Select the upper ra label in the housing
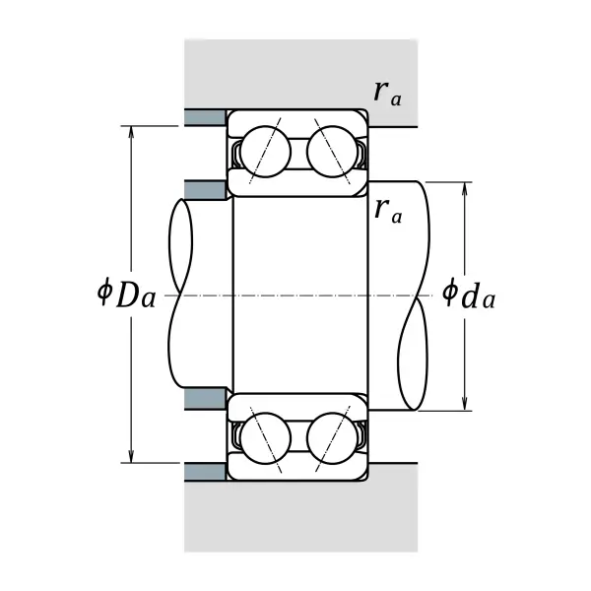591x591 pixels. tap(387, 94)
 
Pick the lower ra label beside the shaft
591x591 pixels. tap(388, 211)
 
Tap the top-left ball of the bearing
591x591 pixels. tap(266, 152)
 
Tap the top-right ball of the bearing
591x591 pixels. tap(333, 152)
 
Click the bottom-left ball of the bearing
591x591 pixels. tap(266, 438)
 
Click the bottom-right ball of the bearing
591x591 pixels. tap(333, 438)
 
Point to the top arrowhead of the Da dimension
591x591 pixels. tap(131, 127)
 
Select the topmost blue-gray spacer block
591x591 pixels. tap(206, 117)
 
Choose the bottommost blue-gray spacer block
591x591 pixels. tap(206, 472)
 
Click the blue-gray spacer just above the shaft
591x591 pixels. tap(206, 189)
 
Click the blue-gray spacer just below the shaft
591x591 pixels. tap(206, 400)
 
